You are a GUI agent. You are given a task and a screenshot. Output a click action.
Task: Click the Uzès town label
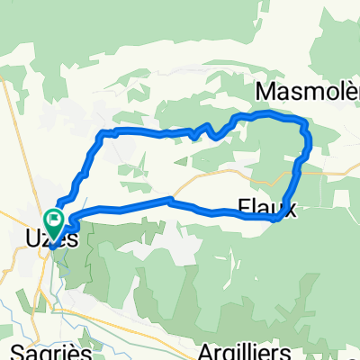(x=54, y=240)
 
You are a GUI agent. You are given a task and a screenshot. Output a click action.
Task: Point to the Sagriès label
(x=40, y=349)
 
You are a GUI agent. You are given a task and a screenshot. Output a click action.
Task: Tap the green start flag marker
(x=54, y=220)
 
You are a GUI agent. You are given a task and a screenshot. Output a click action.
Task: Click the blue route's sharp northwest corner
(x=100, y=133)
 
